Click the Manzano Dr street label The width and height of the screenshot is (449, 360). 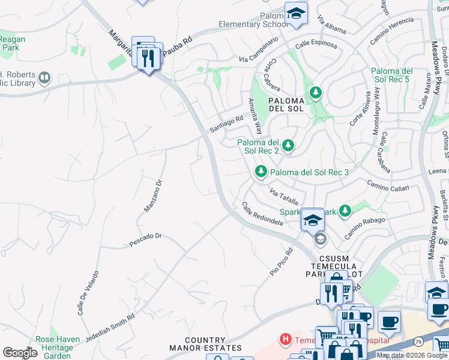coord(153,196)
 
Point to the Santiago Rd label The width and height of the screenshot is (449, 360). coord(226,124)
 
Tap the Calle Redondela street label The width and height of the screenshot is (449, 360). coord(262,214)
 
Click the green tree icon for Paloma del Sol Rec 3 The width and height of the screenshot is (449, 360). coord(261,172)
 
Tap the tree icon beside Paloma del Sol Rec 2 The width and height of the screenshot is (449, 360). coord(289,145)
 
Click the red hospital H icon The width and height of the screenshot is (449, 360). coord(286,340)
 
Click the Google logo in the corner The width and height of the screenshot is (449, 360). coord(20,353)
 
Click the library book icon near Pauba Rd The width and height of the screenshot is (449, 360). coord(44,77)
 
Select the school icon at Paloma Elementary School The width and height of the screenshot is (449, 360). coord(295,13)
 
